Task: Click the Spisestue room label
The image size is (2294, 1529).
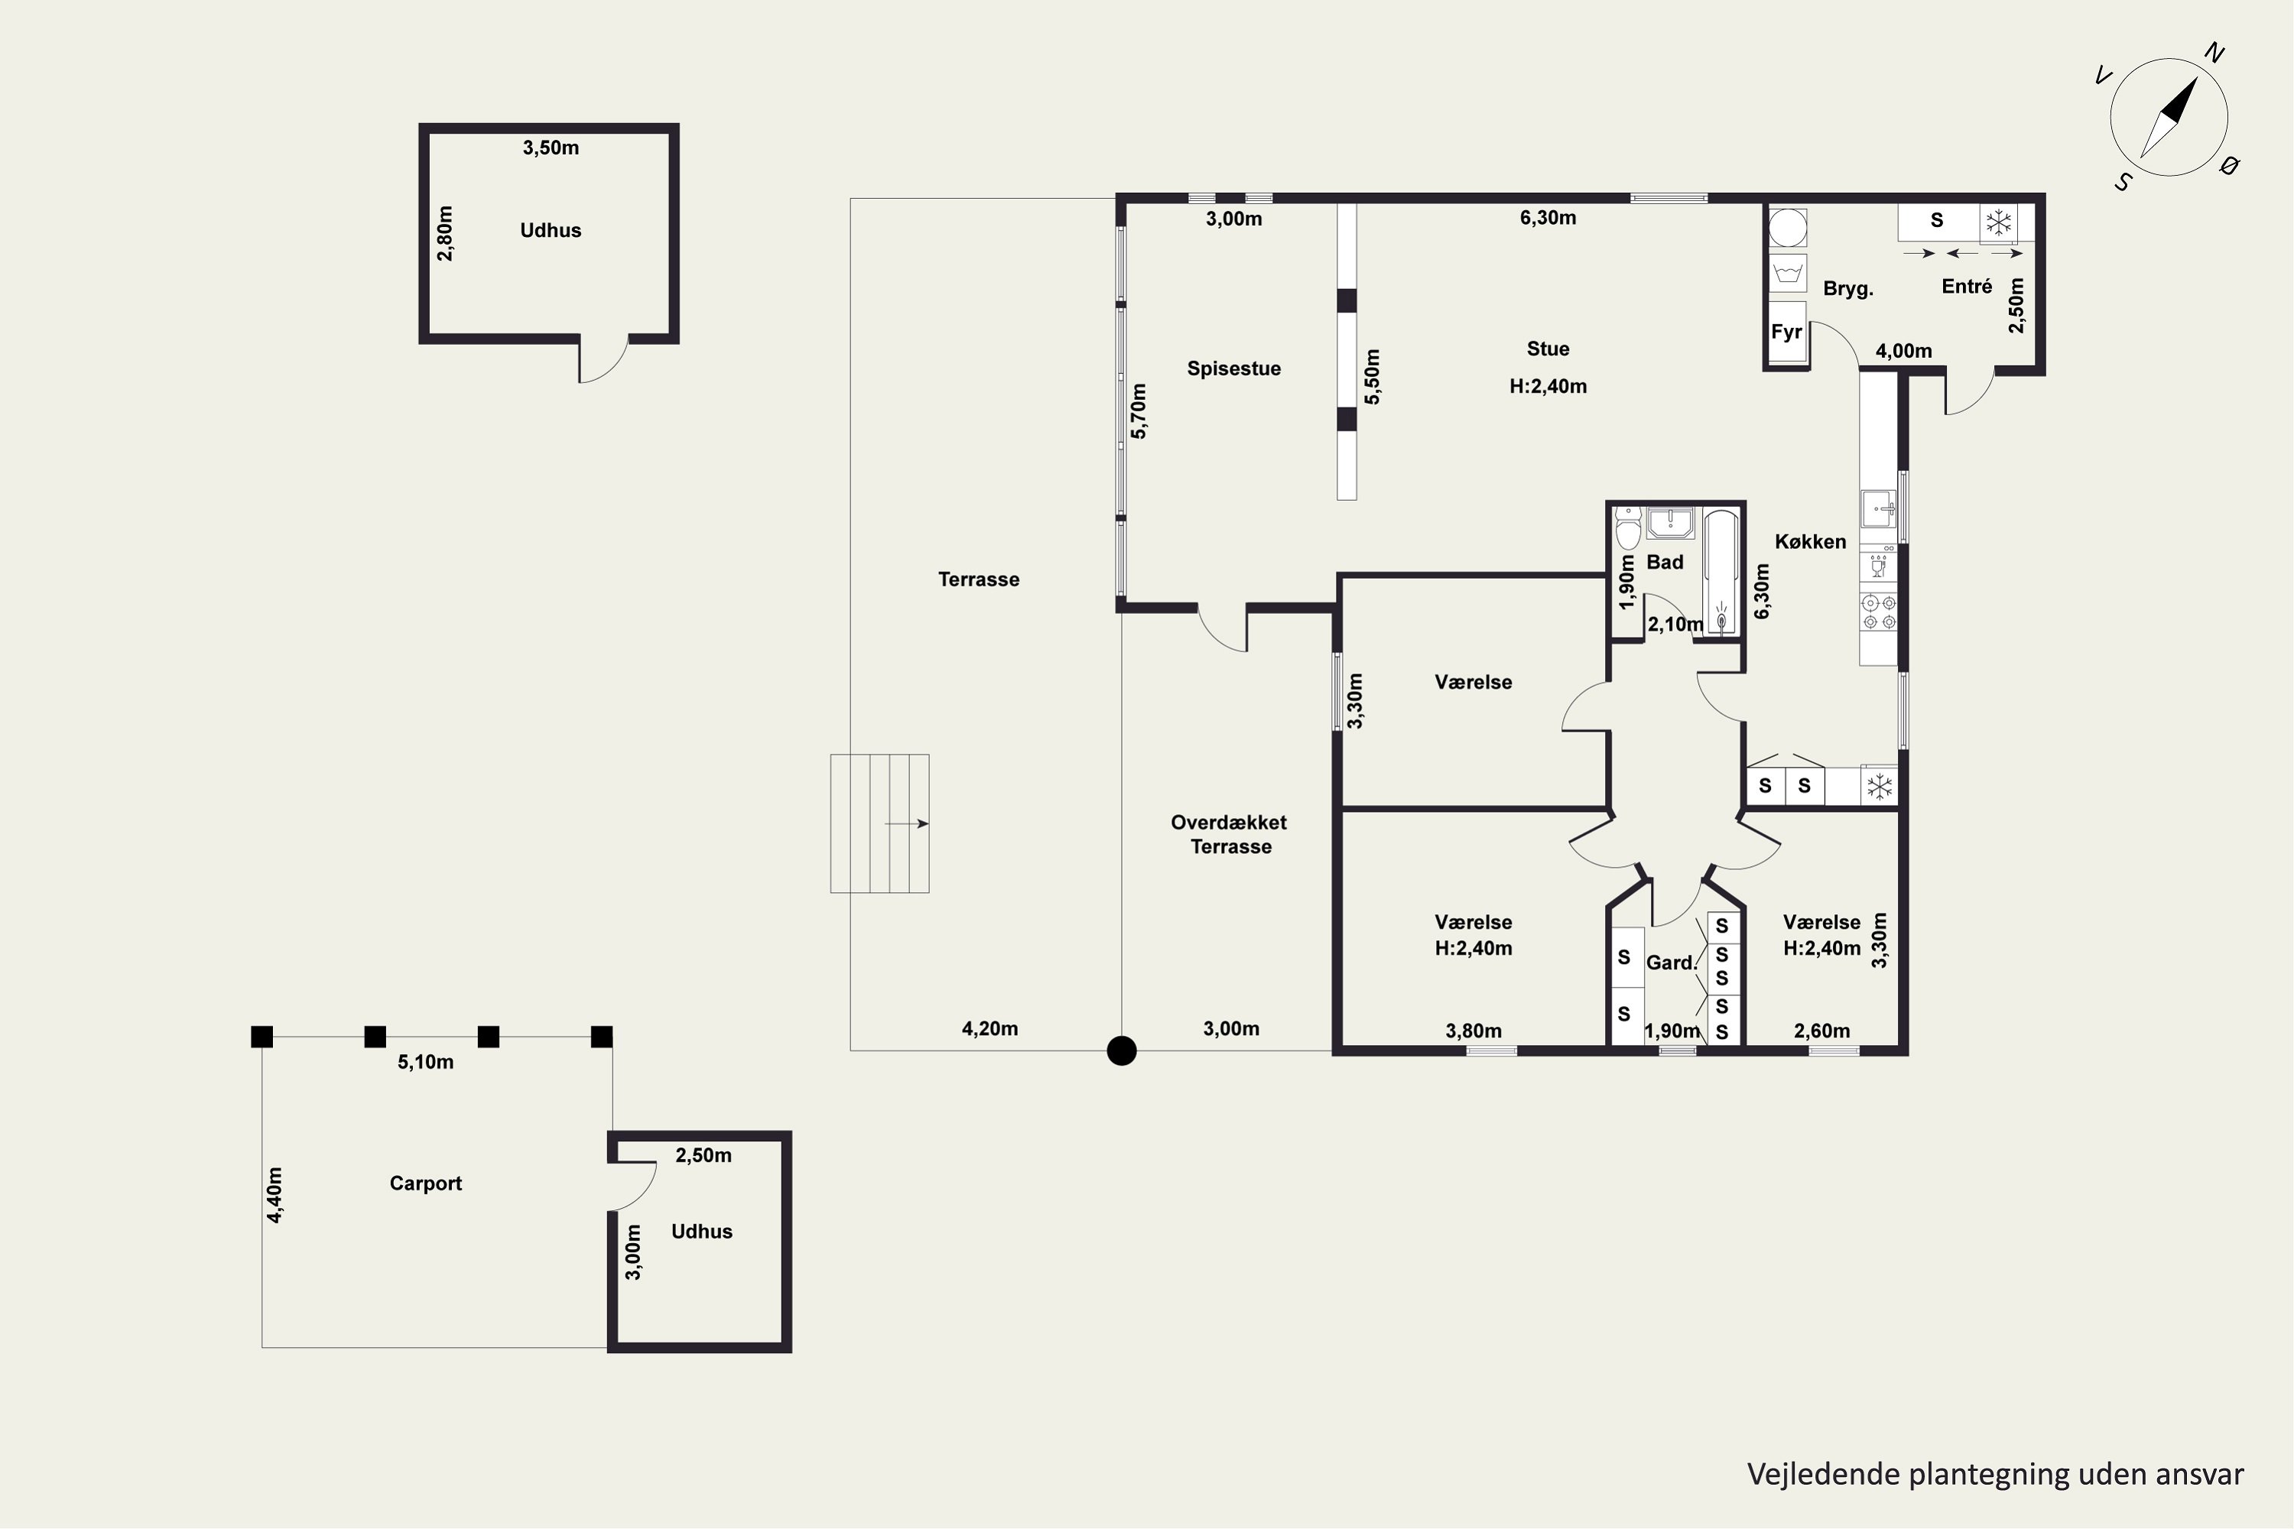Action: click(1234, 368)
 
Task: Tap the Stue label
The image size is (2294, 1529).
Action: click(1548, 349)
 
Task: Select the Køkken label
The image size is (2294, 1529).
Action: click(1810, 542)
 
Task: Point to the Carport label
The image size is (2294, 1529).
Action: click(425, 1183)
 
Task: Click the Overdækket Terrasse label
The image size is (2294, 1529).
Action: click(1230, 835)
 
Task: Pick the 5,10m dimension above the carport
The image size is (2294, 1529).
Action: click(425, 1062)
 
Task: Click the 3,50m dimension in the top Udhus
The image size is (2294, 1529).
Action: click(551, 148)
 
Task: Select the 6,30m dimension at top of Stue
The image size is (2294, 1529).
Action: click(1548, 217)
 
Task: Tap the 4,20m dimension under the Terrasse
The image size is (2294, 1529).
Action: click(990, 1029)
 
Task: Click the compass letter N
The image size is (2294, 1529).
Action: click(2215, 53)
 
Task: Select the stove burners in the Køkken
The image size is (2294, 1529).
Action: click(1879, 612)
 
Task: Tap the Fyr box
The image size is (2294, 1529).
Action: click(1787, 333)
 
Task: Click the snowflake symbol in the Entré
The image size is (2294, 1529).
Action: click(2000, 223)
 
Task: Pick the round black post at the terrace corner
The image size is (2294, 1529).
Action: click(1122, 1051)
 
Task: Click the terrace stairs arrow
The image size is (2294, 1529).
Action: click(906, 824)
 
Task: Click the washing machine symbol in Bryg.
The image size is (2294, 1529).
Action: click(1788, 274)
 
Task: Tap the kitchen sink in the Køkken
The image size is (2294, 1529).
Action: click(1879, 508)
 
